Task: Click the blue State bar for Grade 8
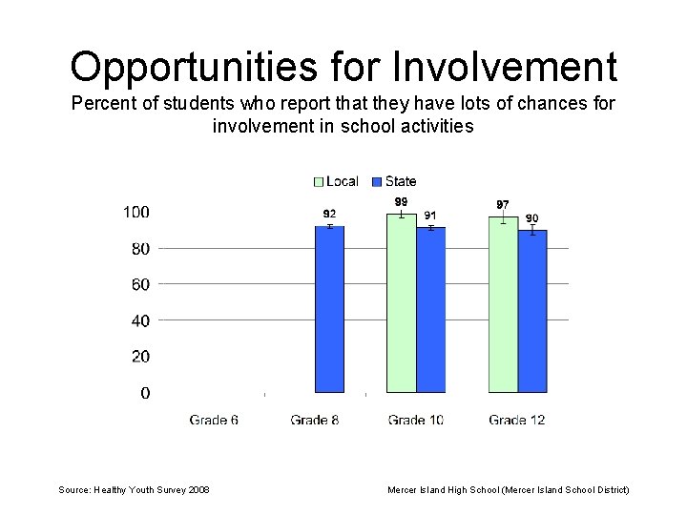pyautogui.click(x=329, y=309)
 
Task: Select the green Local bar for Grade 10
pyautogui.click(x=402, y=303)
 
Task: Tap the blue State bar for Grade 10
pyautogui.click(x=431, y=310)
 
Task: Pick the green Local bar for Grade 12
pyautogui.click(x=503, y=305)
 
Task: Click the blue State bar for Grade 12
pyautogui.click(x=532, y=311)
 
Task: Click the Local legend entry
pyautogui.click(x=336, y=181)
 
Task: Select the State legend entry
pyautogui.click(x=394, y=181)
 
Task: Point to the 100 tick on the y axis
pyautogui.click(x=135, y=212)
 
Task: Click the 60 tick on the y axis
pyautogui.click(x=139, y=284)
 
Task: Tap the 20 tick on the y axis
pyautogui.click(x=139, y=357)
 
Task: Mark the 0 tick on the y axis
pyautogui.click(x=144, y=393)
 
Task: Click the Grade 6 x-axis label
pyautogui.click(x=214, y=420)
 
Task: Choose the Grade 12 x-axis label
pyautogui.click(x=516, y=420)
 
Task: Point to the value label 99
pyautogui.click(x=402, y=202)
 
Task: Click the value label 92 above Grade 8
pyautogui.click(x=329, y=214)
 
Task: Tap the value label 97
pyautogui.click(x=503, y=205)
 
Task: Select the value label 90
pyautogui.click(x=532, y=218)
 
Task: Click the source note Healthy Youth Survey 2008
pyautogui.click(x=135, y=489)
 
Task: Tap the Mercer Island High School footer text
pyautogui.click(x=508, y=489)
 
